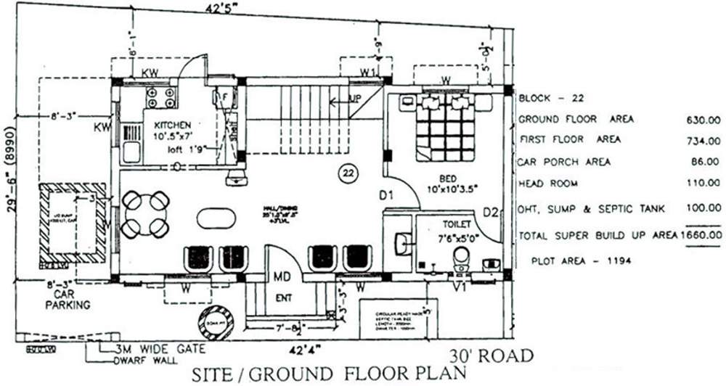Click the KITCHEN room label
pos(171,126)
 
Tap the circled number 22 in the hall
pos(348,173)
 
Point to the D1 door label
pos(387,195)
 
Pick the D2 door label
pos(491,213)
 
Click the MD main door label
pos(282,277)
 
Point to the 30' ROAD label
pos(491,356)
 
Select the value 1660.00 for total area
pos(701,234)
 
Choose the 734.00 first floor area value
pos(704,140)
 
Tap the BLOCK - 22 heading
pos(547,96)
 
